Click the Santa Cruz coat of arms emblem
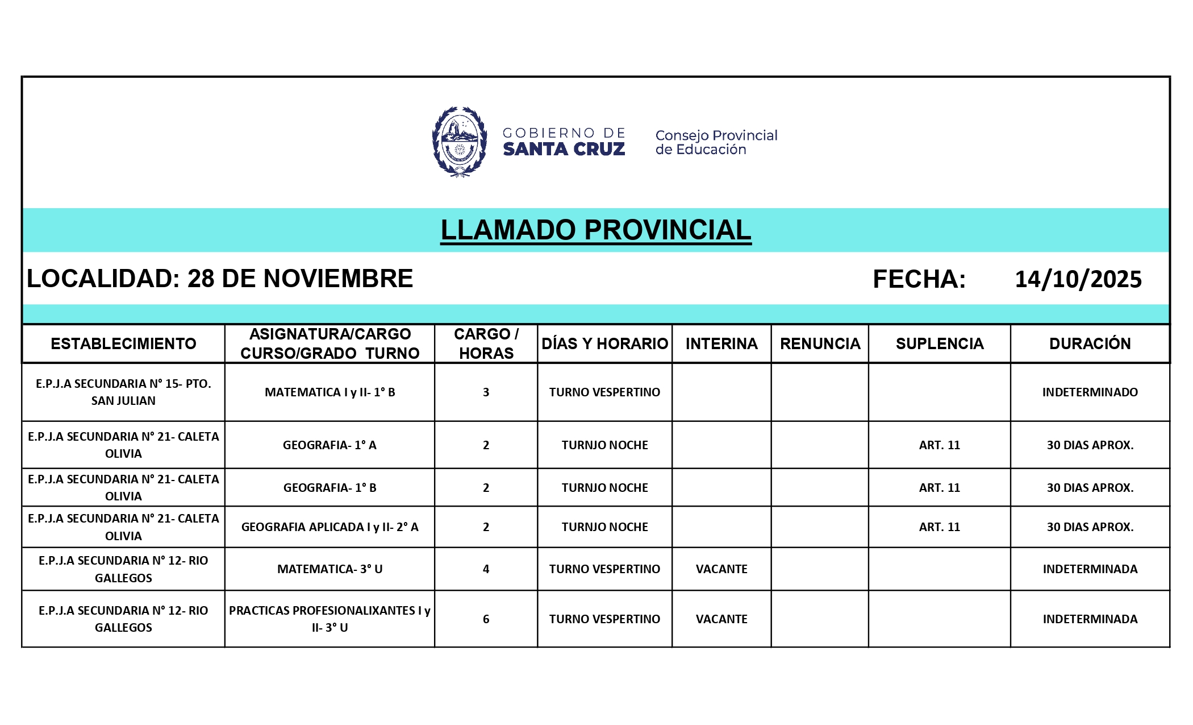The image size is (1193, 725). [459, 142]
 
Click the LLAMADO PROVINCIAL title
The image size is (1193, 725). [595, 230]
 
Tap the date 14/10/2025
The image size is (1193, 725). [1078, 279]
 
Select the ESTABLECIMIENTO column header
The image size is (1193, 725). [123, 343]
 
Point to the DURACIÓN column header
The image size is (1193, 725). [1090, 343]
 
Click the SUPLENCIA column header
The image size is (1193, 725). [939, 343]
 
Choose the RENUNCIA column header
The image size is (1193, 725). [820, 343]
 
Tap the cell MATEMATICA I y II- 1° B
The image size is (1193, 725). [329, 392]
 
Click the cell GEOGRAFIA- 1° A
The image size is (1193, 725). [329, 445]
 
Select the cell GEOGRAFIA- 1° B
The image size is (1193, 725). [329, 488]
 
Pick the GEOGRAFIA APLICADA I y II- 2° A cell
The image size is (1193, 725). [329, 527]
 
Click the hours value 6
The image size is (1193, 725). [486, 619]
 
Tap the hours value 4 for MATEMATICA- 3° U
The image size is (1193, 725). [486, 569]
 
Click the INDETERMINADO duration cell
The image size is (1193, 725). [1090, 392]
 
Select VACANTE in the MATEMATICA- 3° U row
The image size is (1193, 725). [721, 569]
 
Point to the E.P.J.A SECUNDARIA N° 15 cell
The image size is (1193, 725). [123, 392]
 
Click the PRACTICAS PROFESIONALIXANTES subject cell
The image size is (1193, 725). [329, 619]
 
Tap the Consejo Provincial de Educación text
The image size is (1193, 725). [716, 142]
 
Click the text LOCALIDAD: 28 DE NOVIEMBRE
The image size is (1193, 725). [220, 279]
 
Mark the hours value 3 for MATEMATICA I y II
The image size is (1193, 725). [486, 392]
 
